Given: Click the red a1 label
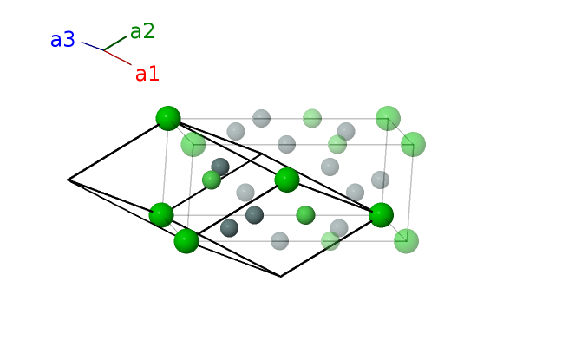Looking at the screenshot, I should tap(147, 74).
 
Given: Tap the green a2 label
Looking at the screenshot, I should tap(142, 32).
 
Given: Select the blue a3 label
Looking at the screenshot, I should tap(62, 40).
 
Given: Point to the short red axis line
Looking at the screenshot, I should tap(118, 58).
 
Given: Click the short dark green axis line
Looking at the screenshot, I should tap(115, 43).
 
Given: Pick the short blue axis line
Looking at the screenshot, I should tap(93, 46).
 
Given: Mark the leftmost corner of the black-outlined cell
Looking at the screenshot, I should tap(69, 180).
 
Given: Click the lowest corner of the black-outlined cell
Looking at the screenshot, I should tap(280, 276).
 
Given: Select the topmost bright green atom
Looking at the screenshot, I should tap(168, 118).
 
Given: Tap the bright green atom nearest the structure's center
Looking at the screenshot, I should tap(287, 180).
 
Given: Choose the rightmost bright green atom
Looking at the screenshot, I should tap(382, 214).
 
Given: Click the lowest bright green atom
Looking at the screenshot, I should tap(186, 240).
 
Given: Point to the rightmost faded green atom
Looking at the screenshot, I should tap(414, 144).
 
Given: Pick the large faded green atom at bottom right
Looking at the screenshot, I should tap(406, 240).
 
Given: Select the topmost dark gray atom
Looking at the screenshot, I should tap(220, 167).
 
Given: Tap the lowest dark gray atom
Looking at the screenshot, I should tap(229, 228).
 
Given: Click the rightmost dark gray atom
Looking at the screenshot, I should tap(254, 214).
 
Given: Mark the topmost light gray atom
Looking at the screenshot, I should tap(261, 118).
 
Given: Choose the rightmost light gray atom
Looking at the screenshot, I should tap(380, 180).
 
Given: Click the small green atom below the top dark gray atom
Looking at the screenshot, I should tap(212, 180).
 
